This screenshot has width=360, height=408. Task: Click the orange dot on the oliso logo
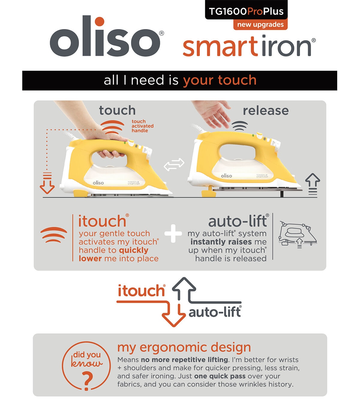coord(100,22)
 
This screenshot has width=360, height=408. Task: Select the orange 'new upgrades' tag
coord(260,25)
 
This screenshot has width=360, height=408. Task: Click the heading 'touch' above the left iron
coord(117,110)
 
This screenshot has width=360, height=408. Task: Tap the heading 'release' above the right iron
coord(266,111)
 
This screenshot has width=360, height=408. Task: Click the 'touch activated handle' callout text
coord(142,126)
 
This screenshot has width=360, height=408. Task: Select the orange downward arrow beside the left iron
coord(47,183)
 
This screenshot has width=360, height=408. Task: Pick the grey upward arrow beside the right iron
coord(313,184)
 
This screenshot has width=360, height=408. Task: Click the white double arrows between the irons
coord(174,164)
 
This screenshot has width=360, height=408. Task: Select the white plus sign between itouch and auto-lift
coord(173,234)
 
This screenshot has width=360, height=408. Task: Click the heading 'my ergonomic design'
coord(184,348)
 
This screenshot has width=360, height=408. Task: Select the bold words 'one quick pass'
coord(220,376)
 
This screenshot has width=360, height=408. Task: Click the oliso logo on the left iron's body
coord(98,183)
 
